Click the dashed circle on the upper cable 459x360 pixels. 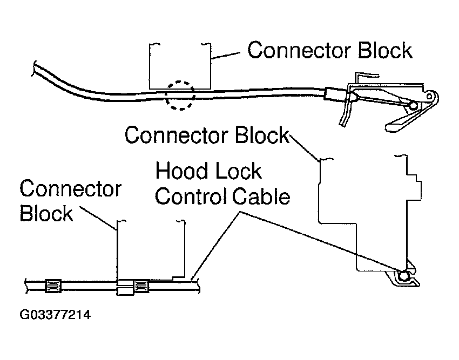click(x=179, y=96)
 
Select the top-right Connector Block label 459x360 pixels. click(x=329, y=50)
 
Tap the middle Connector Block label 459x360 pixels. click(x=207, y=134)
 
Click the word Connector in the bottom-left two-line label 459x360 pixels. click(x=70, y=190)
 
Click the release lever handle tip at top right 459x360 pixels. click(x=393, y=126)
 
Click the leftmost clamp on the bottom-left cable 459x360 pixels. click(x=53, y=284)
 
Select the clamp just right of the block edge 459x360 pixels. click(x=141, y=285)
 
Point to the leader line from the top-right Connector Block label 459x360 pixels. click(x=227, y=54)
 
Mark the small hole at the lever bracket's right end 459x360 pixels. click(x=430, y=97)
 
